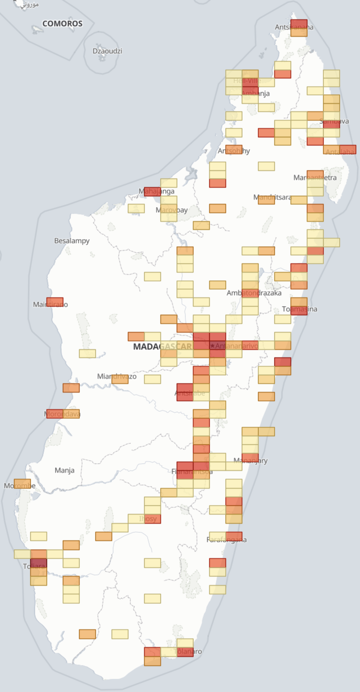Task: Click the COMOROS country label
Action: point(62,23)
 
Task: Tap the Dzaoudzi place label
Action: point(107,51)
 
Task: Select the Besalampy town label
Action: point(72,241)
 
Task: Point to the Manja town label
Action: point(64,470)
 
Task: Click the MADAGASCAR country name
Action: point(162,346)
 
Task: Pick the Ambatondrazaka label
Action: point(254,293)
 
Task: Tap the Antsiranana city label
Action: point(294,27)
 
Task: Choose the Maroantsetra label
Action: point(315,178)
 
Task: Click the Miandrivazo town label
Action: point(117,376)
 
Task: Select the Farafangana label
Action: point(226,540)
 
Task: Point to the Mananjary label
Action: point(251,461)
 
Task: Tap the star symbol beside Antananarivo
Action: point(213,346)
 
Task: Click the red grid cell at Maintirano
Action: point(55,302)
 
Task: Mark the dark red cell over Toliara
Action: point(39,563)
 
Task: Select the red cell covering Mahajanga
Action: point(152,191)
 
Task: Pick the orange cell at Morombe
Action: point(22,484)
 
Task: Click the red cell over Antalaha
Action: point(348,149)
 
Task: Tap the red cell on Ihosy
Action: point(153,519)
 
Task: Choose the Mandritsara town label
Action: point(272,197)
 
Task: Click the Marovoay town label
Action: point(172,210)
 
